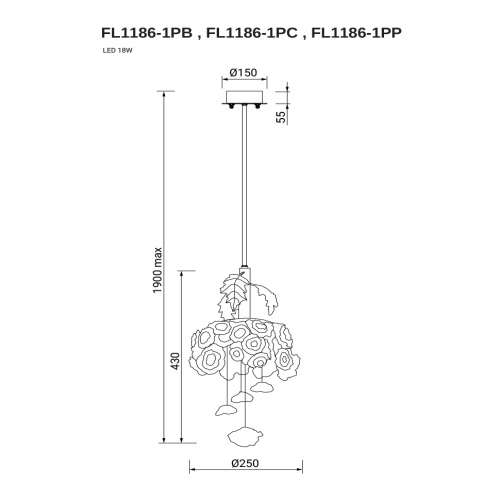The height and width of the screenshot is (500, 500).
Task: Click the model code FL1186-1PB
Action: click(147, 33)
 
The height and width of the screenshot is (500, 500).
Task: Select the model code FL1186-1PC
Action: click(252, 33)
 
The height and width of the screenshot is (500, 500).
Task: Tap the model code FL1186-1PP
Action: click(356, 33)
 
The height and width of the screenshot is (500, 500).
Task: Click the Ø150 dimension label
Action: click(244, 72)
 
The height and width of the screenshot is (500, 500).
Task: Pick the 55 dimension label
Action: click(282, 117)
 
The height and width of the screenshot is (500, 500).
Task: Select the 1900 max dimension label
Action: click(157, 270)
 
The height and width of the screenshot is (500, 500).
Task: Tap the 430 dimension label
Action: click(175, 361)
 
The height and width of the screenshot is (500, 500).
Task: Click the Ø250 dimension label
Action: click(245, 463)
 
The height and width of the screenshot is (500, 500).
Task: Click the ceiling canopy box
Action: click(245, 97)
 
